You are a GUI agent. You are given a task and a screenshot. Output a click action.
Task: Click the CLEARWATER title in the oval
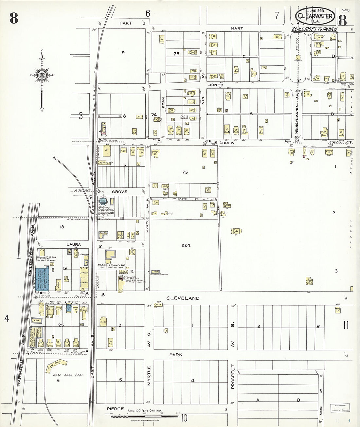pyautogui.click(x=315, y=16)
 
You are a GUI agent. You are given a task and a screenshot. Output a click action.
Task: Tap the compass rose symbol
pyautogui.click(x=42, y=75)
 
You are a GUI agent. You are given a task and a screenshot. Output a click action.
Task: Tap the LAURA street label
pyautogui.click(x=74, y=244)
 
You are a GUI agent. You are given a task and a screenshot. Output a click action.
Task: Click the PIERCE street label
pyautogui.click(x=115, y=409)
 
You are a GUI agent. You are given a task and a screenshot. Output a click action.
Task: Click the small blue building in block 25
pyautogui.click(x=69, y=308)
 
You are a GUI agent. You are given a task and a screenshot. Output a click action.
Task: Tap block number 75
pyautogui.click(x=185, y=172)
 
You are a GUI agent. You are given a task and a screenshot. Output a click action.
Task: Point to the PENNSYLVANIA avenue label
pyautogui.click(x=297, y=123)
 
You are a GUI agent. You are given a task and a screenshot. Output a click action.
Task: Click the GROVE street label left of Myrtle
pyautogui.click(x=119, y=192)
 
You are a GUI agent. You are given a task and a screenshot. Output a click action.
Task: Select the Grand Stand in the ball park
pyautogui.click(x=56, y=364)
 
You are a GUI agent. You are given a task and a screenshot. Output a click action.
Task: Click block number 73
pyautogui.click(x=176, y=54)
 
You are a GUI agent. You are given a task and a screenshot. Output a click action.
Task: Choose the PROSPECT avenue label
pyautogui.click(x=233, y=376)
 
